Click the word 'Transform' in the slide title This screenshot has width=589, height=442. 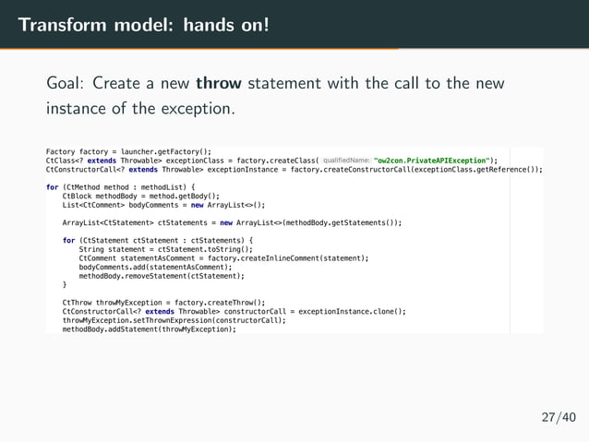click(x=60, y=22)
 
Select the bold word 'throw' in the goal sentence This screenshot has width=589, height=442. click(x=218, y=84)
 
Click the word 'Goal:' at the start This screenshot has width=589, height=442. click(x=67, y=84)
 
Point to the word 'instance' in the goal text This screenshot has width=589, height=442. click(x=78, y=109)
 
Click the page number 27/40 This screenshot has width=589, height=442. click(x=558, y=417)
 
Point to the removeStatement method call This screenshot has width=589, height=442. click(x=188, y=276)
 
